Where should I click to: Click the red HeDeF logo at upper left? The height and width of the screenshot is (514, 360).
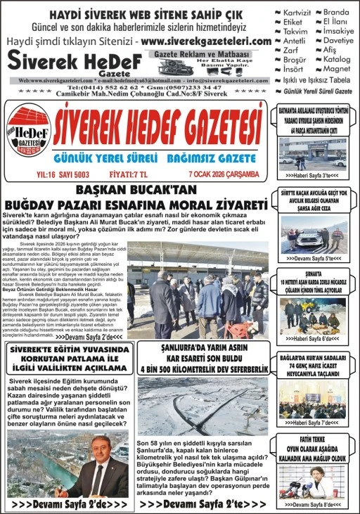coord(29,128)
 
